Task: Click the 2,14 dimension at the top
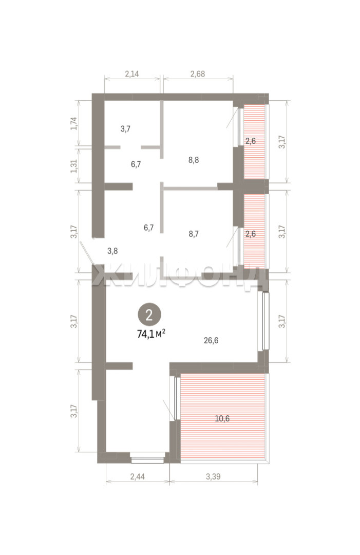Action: pos(132,74)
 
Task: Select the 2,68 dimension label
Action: pos(198,74)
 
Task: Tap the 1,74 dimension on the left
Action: pos(74,123)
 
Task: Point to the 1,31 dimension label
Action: pos(74,165)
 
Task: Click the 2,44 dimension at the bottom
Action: pos(137,476)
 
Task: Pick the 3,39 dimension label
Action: pos(213,476)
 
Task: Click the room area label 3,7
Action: pos(125,129)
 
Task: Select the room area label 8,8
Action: pos(194,160)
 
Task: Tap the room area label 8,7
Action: pos(194,234)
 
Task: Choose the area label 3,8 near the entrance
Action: pos(112,251)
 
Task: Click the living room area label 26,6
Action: pos(211,341)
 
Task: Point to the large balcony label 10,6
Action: pos(222,419)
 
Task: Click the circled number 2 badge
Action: pos(149,315)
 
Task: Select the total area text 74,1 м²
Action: pos(151,334)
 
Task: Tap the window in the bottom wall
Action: pos(147,459)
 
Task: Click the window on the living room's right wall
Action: pos(265,321)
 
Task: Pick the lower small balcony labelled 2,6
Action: pos(254,229)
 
